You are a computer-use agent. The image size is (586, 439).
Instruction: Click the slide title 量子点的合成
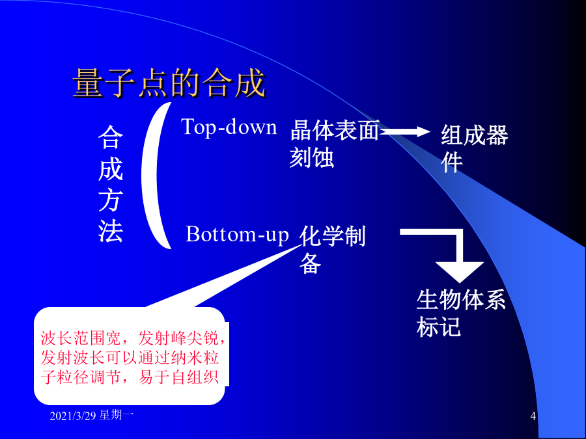pyautogui.click(x=169, y=83)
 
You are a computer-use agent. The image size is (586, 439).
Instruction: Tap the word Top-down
pyautogui.click(x=229, y=127)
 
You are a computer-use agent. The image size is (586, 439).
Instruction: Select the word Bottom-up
pyautogui.click(x=237, y=235)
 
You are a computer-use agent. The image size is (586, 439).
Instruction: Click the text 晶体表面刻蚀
pyautogui.click(x=335, y=144)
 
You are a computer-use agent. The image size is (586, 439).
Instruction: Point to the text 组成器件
pyautogui.click(x=475, y=148)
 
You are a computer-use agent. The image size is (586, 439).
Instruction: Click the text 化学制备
pyautogui.click(x=333, y=249)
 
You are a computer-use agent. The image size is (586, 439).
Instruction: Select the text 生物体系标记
pyautogui.click(x=461, y=313)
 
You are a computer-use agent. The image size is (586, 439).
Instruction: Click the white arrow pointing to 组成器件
pyautogui.click(x=405, y=131)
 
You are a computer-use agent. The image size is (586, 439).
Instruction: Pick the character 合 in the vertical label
pyautogui.click(x=111, y=137)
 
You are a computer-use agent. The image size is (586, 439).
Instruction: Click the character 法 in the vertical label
pyautogui.click(x=111, y=232)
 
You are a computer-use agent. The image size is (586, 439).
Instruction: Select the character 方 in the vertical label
pyautogui.click(x=111, y=200)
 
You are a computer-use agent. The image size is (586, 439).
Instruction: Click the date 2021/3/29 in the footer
pyautogui.click(x=73, y=416)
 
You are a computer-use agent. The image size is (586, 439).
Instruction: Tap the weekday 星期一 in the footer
pyautogui.click(x=117, y=415)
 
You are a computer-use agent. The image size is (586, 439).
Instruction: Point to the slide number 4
pyautogui.click(x=533, y=416)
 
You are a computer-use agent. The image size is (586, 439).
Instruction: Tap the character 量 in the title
pyautogui.click(x=88, y=83)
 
